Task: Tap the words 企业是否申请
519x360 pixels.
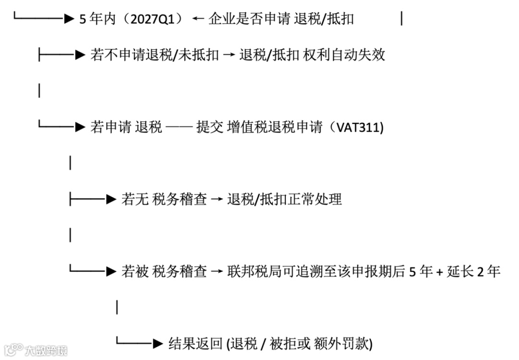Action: click(x=249, y=19)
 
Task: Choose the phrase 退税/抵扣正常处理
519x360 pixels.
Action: click(x=284, y=199)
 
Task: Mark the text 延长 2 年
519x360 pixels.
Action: click(x=474, y=272)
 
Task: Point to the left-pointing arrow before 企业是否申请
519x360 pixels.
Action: click(x=198, y=19)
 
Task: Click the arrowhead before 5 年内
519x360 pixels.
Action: click(x=69, y=19)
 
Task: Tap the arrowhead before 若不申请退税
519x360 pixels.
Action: click(x=80, y=55)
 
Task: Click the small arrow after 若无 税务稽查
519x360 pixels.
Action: click(x=217, y=199)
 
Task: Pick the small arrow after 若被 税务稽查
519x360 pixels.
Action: click(x=217, y=272)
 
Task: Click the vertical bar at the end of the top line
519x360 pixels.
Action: click(x=401, y=19)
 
